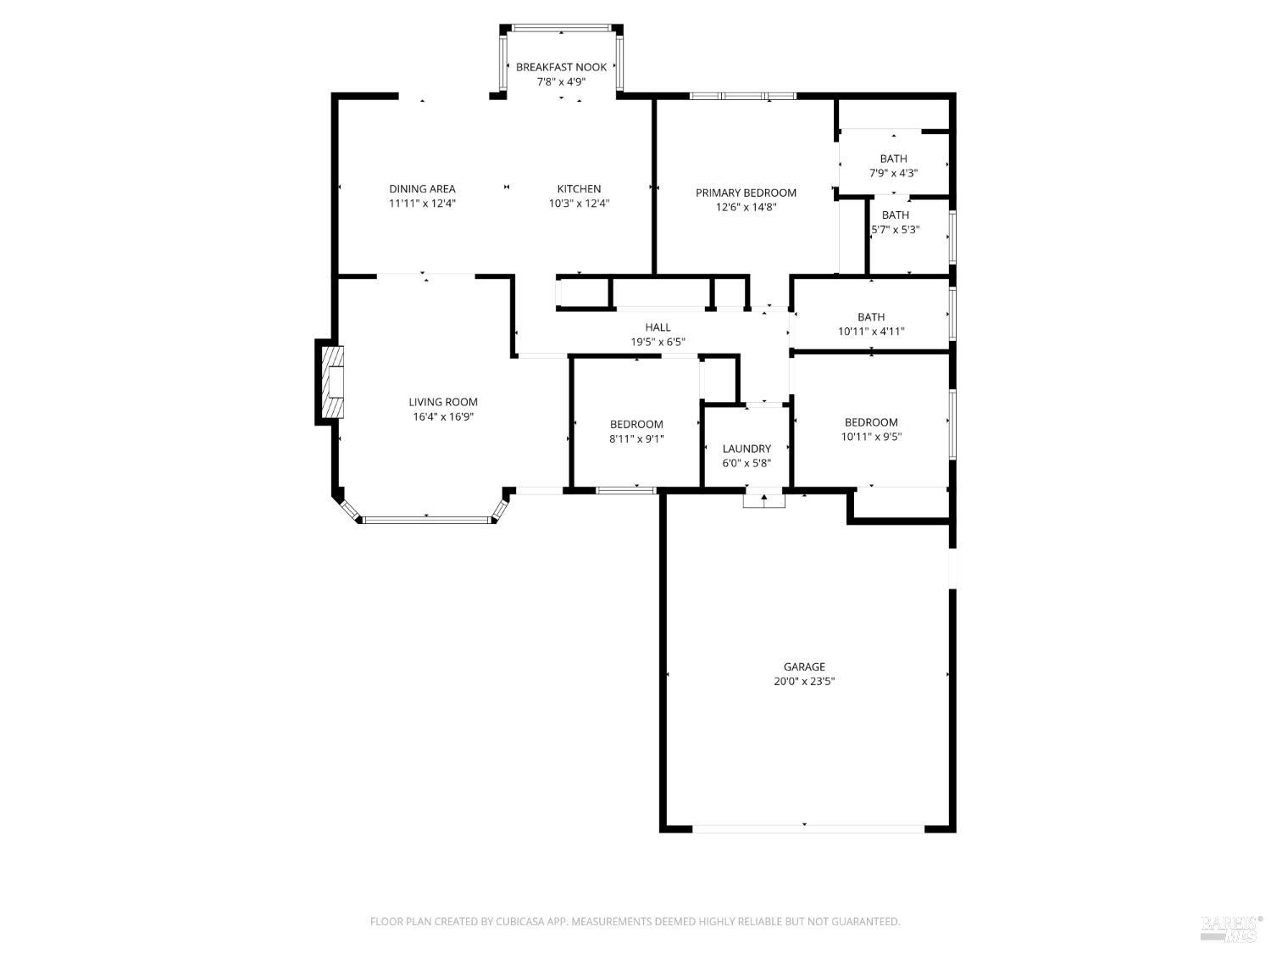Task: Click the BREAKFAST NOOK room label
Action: (561, 67)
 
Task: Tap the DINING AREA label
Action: (422, 189)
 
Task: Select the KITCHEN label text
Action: (579, 189)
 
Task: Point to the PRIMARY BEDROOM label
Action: (746, 192)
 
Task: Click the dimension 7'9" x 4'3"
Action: (893, 173)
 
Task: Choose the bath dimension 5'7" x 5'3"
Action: (896, 230)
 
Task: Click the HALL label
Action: (658, 327)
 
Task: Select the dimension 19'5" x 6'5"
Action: (658, 342)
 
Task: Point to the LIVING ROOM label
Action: (443, 402)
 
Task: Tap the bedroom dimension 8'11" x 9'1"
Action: (636, 439)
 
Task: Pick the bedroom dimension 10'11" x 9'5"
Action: (871, 437)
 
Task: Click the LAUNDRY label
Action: (747, 449)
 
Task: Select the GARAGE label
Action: (804, 667)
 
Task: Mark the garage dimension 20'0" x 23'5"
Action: (804, 681)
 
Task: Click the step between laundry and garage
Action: (764, 499)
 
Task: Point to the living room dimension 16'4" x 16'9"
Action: (443, 416)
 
